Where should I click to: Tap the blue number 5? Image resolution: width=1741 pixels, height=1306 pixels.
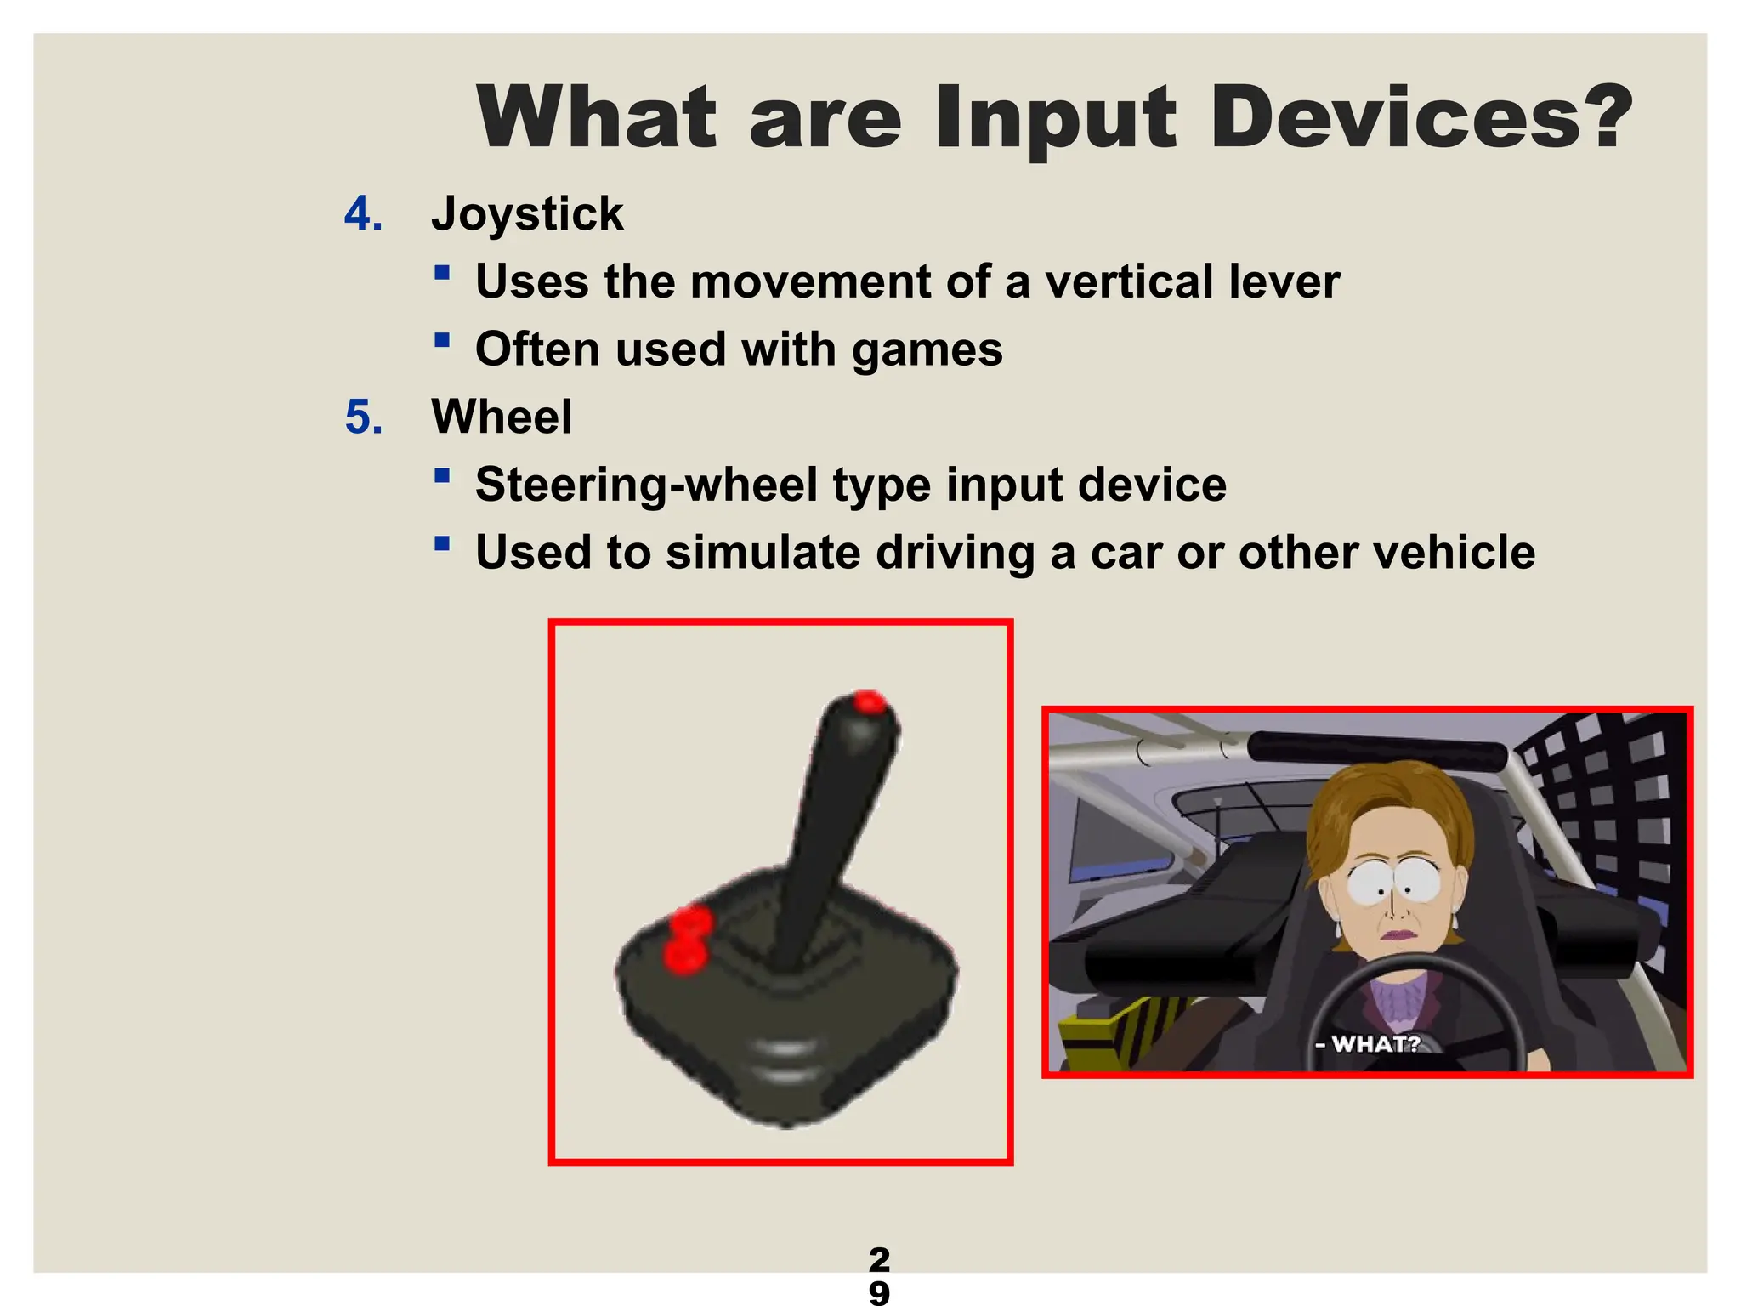(x=363, y=417)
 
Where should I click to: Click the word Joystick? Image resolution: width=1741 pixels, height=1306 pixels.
(x=527, y=214)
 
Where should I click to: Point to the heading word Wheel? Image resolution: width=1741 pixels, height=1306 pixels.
(x=502, y=417)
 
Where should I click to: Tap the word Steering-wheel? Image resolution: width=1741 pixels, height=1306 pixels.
(x=646, y=485)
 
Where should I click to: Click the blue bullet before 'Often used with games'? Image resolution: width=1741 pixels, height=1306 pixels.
(x=441, y=341)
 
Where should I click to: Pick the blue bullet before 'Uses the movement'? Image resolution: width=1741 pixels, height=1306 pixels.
(x=441, y=273)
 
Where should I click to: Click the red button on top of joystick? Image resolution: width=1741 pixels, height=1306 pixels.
(x=869, y=702)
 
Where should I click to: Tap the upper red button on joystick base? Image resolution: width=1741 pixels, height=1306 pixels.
(x=690, y=920)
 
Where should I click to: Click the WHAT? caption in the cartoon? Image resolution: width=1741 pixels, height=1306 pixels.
(x=1375, y=1043)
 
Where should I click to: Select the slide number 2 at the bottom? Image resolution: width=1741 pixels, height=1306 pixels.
(x=879, y=1258)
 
